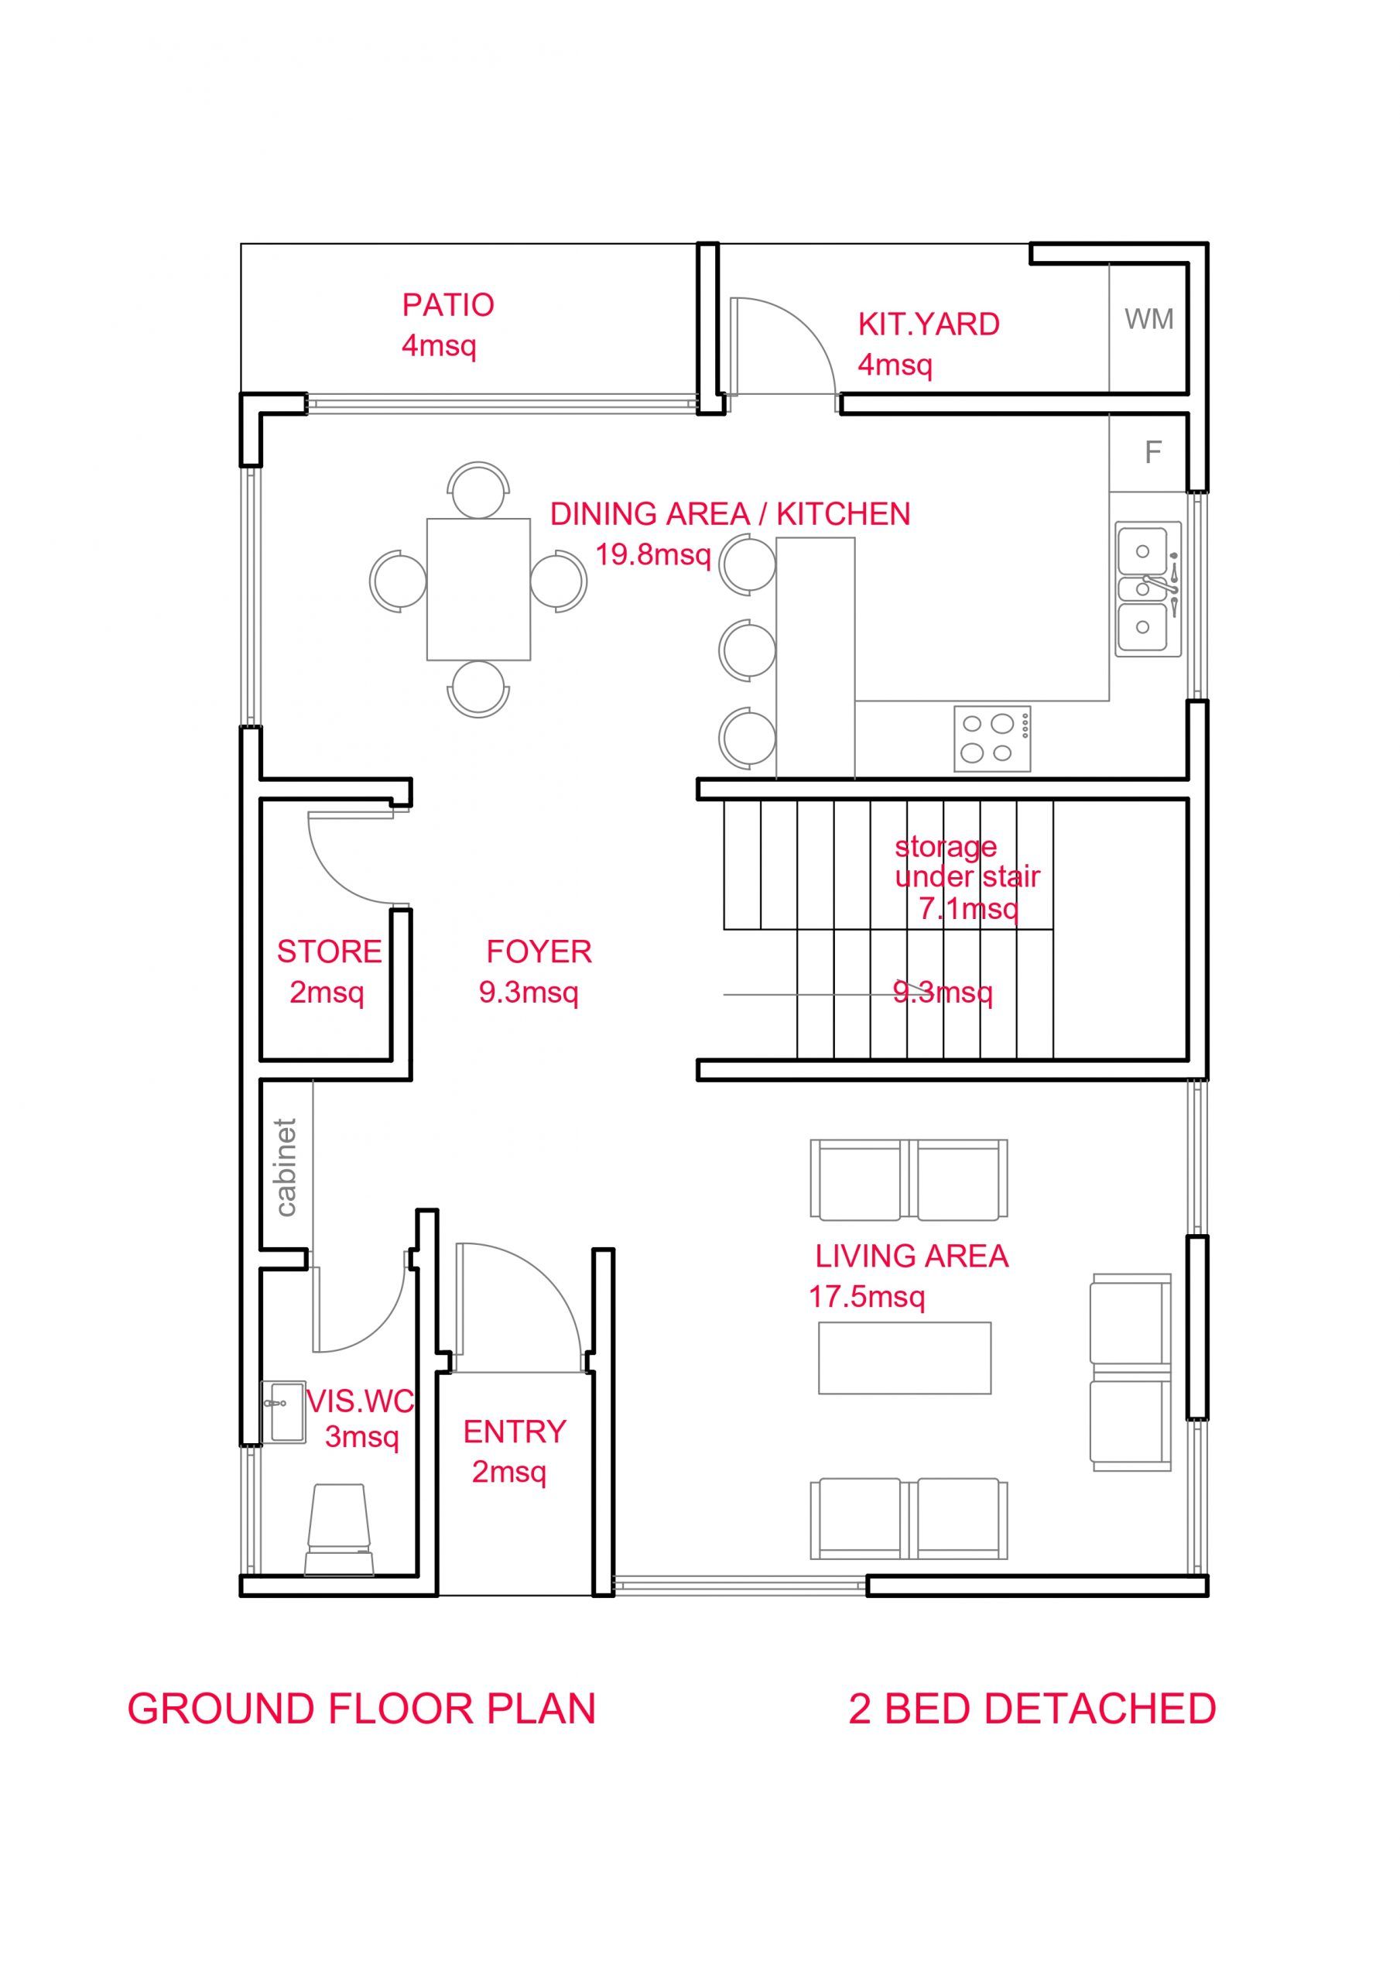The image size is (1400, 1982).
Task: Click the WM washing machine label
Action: click(1148, 320)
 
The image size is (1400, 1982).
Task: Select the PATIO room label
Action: click(448, 305)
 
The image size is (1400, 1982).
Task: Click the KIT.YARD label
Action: click(929, 324)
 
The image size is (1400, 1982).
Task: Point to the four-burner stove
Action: click(991, 739)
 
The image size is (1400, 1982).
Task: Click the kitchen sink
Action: click(1148, 588)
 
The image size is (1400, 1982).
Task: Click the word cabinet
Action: click(286, 1168)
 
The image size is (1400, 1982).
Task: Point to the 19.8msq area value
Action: click(653, 554)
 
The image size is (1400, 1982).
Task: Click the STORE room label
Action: click(329, 952)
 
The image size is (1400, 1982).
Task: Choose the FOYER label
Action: click(539, 952)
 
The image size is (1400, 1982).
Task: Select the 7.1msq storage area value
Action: click(968, 908)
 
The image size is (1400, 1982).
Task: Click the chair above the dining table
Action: click(478, 490)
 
